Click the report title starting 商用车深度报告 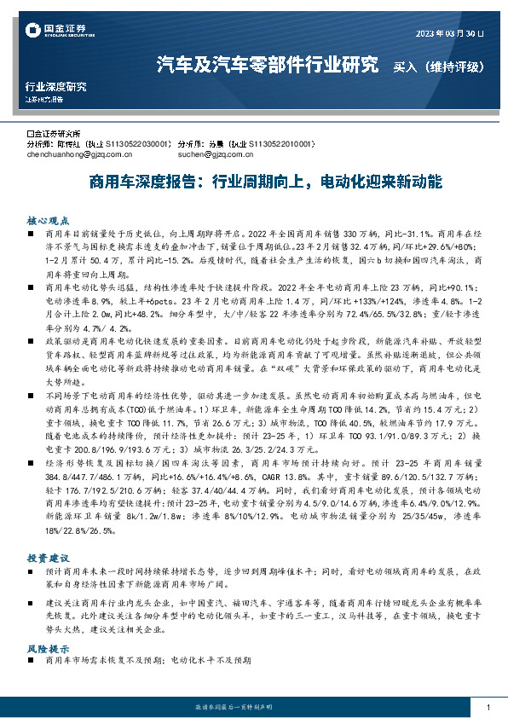point(254,182)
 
